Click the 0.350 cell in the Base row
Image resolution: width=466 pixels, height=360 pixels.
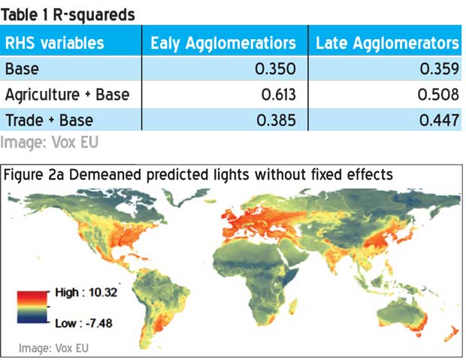click(x=275, y=68)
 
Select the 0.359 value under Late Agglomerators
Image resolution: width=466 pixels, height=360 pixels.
click(x=439, y=68)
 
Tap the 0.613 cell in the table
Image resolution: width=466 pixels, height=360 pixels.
click(x=278, y=95)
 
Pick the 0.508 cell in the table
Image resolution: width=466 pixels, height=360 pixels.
click(x=438, y=95)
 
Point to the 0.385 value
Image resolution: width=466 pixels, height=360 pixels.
click(x=276, y=120)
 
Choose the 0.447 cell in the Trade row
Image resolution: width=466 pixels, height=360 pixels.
click(x=439, y=120)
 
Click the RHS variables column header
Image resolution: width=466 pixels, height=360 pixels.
click(x=54, y=43)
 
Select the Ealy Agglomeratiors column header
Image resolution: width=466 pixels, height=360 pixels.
click(x=223, y=44)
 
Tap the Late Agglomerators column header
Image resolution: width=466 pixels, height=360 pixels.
click(x=387, y=44)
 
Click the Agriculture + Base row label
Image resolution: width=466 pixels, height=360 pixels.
click(x=67, y=95)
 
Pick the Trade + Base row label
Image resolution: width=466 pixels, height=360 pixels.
click(x=50, y=120)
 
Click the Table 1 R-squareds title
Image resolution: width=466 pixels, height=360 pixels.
click(x=68, y=15)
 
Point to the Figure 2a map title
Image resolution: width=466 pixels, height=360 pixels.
click(x=198, y=174)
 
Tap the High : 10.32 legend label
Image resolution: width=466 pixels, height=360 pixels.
click(x=86, y=292)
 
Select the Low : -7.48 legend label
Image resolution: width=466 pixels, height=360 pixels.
click(x=84, y=323)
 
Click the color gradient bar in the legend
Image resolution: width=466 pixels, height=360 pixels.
click(x=32, y=307)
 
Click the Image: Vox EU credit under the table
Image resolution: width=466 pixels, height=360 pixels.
click(x=50, y=142)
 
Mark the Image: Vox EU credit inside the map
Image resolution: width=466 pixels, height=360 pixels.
click(x=53, y=348)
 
